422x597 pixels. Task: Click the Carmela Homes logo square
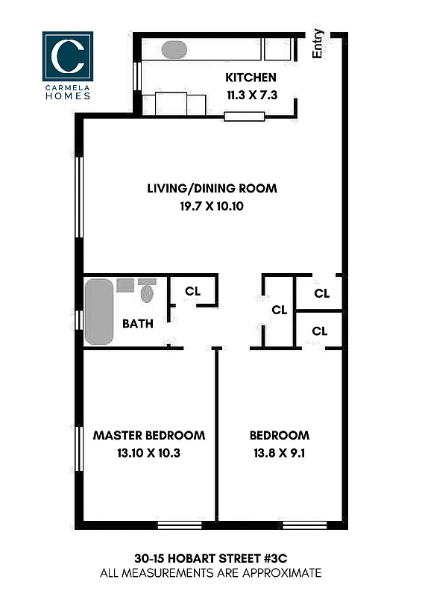click(67, 55)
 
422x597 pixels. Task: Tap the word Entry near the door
click(318, 43)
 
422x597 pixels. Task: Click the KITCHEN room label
click(251, 78)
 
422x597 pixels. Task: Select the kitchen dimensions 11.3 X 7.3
click(251, 94)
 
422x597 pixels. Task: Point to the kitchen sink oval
click(174, 50)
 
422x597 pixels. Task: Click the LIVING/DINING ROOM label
click(212, 188)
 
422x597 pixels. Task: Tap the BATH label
click(138, 324)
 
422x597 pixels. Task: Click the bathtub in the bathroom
click(98, 311)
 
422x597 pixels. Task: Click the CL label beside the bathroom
click(192, 291)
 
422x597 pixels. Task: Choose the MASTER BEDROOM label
click(148, 435)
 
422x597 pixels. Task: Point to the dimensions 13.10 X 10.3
click(148, 451)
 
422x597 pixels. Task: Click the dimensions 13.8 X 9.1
click(279, 451)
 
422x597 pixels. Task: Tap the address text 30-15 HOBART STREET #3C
click(212, 558)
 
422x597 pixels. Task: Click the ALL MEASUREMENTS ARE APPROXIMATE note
click(212, 573)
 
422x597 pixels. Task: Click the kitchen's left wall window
click(136, 75)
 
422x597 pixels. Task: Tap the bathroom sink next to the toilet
click(125, 285)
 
